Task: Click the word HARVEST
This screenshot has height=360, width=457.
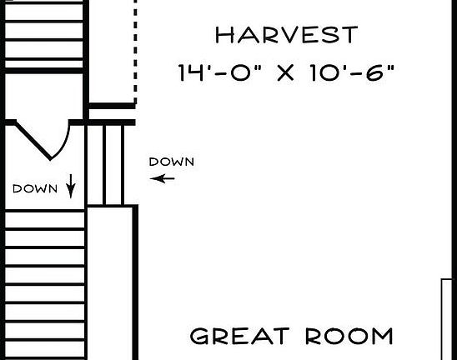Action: [x=286, y=36]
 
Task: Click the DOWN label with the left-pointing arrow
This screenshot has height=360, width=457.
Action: [x=171, y=162]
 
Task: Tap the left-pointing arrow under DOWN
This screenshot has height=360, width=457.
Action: [x=168, y=177]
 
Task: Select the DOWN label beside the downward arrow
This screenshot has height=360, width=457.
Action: [x=35, y=189]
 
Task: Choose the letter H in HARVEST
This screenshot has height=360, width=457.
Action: [x=223, y=36]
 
